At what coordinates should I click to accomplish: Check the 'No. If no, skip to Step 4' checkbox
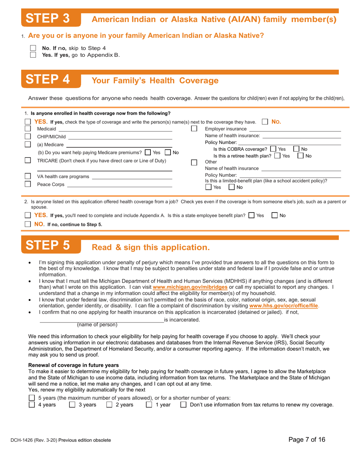(33, 48)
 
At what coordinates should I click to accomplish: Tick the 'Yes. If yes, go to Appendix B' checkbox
(33, 55)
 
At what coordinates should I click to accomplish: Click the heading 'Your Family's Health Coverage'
(155, 80)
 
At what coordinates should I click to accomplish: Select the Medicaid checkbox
(28, 129)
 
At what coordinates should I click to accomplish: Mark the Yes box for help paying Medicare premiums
(148, 152)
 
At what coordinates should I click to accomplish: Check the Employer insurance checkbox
(194, 129)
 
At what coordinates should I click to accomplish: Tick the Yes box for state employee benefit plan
(252, 215)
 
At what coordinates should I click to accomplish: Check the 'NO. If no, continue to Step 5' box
(28, 224)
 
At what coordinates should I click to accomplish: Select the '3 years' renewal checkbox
(72, 405)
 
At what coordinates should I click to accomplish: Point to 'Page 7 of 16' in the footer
(307, 440)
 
